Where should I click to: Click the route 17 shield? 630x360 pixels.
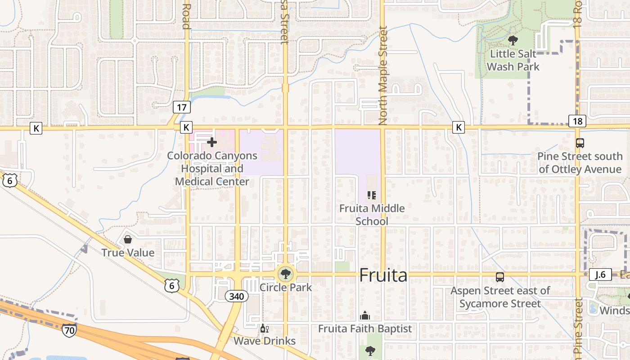[182, 107]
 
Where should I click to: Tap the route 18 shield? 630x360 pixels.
[577, 121]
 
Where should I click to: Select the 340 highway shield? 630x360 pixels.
[236, 296]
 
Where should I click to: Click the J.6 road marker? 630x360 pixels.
[600, 274]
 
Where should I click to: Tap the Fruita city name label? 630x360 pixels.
[383, 275]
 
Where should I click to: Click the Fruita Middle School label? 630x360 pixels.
[372, 215]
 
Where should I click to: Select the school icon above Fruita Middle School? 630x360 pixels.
[372, 195]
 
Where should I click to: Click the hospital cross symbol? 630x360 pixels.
[211, 142]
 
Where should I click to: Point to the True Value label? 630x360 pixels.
[128, 252]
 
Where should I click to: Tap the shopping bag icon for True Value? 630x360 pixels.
[128, 239]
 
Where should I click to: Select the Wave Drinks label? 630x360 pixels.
[265, 341]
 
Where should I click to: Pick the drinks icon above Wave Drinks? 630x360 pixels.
[265, 328]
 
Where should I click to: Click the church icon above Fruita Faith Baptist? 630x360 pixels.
[365, 315]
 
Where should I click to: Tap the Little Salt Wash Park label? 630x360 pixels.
[513, 60]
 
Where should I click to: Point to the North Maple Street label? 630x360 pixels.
[383, 75]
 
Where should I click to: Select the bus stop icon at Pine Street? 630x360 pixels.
[580, 143]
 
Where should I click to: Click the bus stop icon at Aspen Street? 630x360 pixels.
[500, 277]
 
